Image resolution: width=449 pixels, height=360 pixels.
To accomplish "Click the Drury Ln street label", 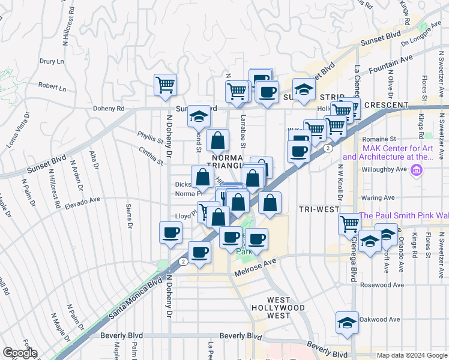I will tap(52, 61).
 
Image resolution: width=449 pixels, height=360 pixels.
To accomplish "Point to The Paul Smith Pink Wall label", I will tap(403, 216).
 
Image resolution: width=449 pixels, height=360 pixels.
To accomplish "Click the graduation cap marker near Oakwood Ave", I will tap(346, 322).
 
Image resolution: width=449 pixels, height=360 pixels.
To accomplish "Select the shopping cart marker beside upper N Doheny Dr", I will tap(165, 85).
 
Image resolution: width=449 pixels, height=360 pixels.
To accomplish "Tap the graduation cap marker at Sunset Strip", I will tap(304, 89).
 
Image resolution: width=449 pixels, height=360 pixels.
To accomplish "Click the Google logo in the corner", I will tap(19, 353).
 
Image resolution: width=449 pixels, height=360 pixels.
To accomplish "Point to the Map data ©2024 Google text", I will tap(412, 355).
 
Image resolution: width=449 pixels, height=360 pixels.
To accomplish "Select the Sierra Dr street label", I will tap(128, 217).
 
